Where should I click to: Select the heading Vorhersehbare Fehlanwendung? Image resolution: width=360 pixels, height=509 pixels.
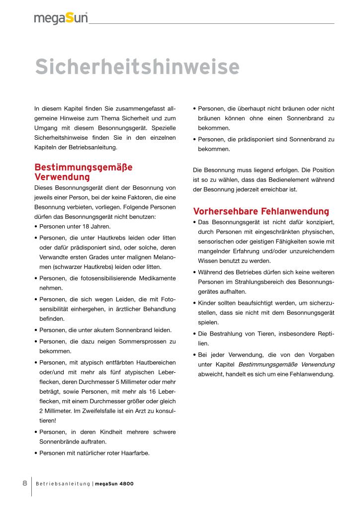(261, 210)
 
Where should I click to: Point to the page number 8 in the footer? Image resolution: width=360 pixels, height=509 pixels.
(24, 483)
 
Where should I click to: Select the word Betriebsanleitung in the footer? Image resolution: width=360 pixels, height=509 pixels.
(63, 484)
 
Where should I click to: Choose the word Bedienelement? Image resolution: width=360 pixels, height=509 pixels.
(287, 179)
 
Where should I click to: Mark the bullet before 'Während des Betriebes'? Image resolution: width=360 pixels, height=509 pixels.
(194, 272)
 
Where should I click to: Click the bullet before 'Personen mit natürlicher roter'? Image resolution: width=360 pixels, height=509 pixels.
(36, 453)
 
